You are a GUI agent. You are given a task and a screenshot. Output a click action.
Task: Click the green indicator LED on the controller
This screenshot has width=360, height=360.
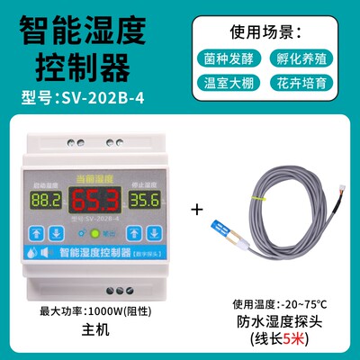77,229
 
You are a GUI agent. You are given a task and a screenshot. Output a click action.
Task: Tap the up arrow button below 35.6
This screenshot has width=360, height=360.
131,230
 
